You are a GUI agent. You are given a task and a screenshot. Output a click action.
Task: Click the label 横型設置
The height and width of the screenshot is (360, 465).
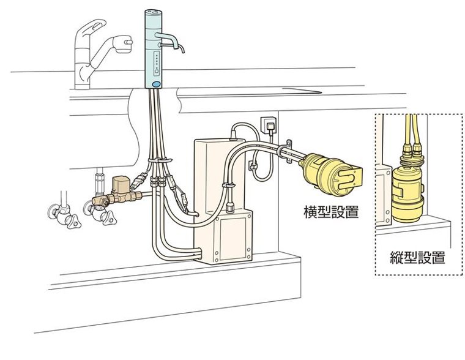[331, 212]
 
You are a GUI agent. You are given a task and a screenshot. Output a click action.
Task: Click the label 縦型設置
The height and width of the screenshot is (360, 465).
[417, 257]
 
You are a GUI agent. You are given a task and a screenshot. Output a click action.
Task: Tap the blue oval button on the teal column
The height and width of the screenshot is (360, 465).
[155, 84]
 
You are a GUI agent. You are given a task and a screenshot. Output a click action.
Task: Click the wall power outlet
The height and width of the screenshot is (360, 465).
[269, 125]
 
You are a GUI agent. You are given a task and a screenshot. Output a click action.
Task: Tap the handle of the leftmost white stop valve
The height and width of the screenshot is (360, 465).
[72, 221]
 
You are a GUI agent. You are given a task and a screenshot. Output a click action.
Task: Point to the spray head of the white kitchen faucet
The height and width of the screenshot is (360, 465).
[122, 44]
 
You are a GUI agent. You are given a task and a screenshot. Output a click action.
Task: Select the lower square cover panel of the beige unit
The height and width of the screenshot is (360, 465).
[232, 234]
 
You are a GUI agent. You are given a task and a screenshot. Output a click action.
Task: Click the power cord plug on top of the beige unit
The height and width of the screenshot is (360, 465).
[234, 132]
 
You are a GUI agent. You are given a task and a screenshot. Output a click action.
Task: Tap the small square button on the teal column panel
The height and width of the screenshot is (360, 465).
[156, 72]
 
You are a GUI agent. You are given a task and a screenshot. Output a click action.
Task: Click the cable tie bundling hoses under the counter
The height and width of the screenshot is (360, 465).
[160, 160]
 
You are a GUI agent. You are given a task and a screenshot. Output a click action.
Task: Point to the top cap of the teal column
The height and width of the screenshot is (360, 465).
[154, 13]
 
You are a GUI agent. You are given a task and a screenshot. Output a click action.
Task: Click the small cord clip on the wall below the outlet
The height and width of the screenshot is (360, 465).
[252, 165]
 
